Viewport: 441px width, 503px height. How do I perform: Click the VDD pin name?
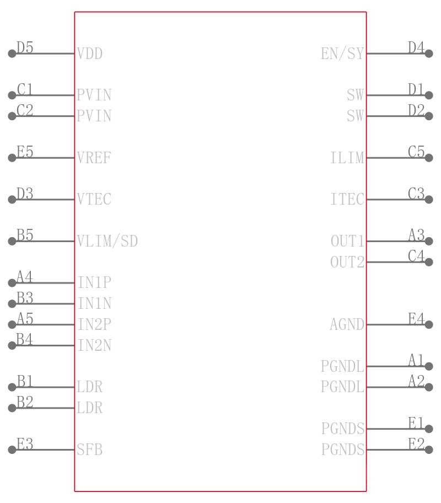(x=89, y=53)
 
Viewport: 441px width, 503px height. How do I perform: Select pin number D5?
(x=25, y=48)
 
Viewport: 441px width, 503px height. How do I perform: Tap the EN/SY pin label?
(x=342, y=53)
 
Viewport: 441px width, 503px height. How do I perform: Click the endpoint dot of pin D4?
(x=429, y=53)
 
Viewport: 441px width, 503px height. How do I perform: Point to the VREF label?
(x=94, y=158)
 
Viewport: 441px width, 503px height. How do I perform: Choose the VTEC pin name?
(x=94, y=199)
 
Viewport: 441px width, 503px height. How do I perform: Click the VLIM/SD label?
(x=107, y=241)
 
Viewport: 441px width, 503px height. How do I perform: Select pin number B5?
(x=25, y=236)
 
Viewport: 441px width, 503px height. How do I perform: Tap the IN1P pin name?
(x=94, y=283)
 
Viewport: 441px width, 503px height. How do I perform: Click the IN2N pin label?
(x=94, y=345)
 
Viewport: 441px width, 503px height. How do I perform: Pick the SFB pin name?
(x=89, y=450)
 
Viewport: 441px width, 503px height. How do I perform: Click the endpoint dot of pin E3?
(x=12, y=450)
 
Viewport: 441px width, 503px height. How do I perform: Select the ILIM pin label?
(x=347, y=158)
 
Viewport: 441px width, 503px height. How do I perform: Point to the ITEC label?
(x=347, y=199)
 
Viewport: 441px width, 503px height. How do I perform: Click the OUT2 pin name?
(x=347, y=262)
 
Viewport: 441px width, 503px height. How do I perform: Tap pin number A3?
(x=416, y=236)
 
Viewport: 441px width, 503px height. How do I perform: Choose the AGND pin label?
(x=347, y=324)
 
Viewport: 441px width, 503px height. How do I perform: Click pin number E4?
(x=416, y=319)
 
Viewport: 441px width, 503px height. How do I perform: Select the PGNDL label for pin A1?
(x=342, y=366)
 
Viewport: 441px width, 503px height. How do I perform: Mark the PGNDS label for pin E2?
(x=342, y=450)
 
